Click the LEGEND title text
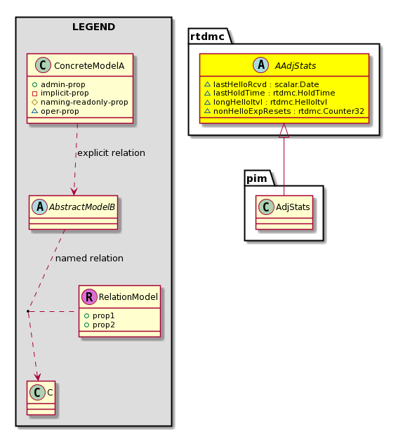point(93,27)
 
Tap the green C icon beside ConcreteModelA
point(43,65)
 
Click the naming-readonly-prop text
point(84,102)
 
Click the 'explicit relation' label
point(111,153)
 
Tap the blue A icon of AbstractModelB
point(39,207)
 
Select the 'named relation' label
point(89,259)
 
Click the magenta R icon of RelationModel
point(89,296)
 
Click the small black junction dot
point(28,311)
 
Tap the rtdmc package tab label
point(207,37)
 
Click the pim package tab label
point(257,178)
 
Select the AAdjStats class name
point(296,66)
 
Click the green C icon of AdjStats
point(266,207)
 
